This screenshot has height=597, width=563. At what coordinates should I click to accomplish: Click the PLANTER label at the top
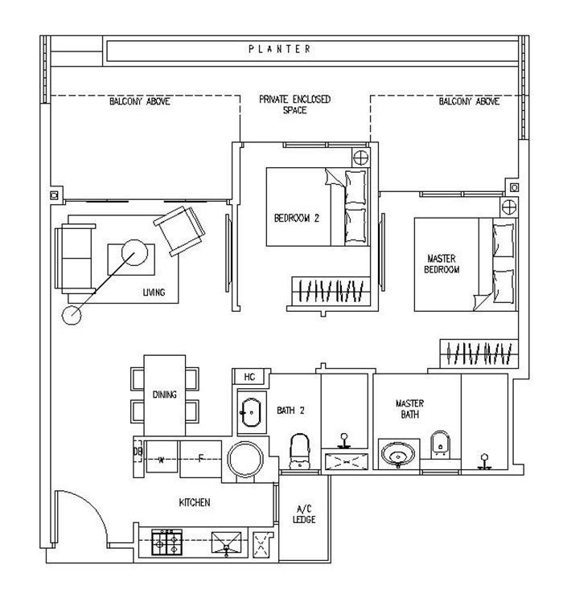[279, 50]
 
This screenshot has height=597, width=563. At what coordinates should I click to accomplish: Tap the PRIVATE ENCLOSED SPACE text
[294, 104]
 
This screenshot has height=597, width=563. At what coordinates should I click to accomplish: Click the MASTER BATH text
[409, 409]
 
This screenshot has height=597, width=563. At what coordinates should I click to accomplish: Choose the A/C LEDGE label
[304, 514]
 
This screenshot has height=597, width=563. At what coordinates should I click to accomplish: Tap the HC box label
[249, 377]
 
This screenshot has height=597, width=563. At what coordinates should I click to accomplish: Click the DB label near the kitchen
[138, 452]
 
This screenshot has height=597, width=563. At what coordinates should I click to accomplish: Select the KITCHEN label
[195, 503]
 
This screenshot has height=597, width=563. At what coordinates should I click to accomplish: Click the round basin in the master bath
[395, 455]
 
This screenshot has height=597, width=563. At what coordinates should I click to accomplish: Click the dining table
[165, 395]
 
